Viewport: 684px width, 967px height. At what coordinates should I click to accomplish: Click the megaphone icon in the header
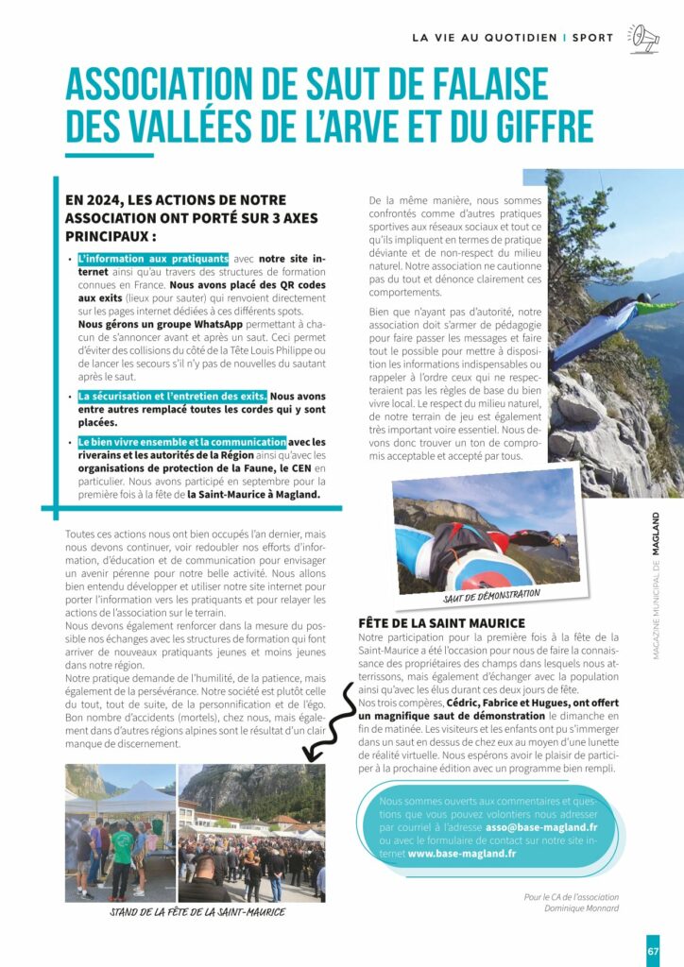[x=645, y=37]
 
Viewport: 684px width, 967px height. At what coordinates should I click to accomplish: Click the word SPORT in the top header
[x=592, y=38]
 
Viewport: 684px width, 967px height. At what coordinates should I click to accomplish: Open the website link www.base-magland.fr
[x=462, y=853]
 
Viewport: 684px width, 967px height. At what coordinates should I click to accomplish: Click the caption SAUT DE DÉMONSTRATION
[x=490, y=594]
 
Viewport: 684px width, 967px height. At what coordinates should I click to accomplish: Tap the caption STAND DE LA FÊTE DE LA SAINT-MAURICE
[x=197, y=912]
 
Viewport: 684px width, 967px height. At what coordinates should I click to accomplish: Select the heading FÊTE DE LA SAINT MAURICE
[x=441, y=623]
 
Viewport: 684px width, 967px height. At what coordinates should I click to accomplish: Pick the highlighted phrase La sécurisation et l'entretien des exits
[x=173, y=397]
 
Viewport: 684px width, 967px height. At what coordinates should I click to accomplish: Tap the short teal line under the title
[x=109, y=155]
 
